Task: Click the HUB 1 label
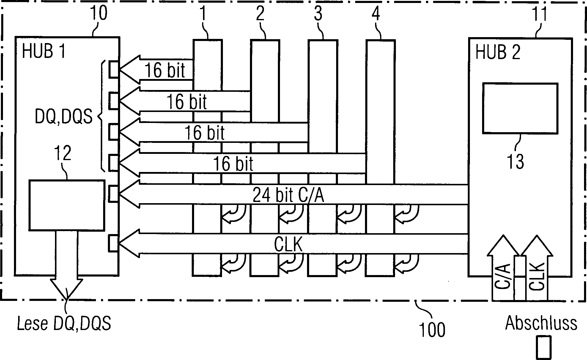click(x=43, y=51)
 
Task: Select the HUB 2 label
click(x=498, y=52)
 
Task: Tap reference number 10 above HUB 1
click(x=98, y=13)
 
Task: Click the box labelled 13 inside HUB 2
click(x=520, y=108)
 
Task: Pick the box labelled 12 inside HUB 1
click(x=67, y=205)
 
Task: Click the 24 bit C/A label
click(x=288, y=195)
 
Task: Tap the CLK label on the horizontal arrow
click(x=288, y=245)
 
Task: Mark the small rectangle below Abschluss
click(x=544, y=347)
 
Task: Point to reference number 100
click(x=432, y=330)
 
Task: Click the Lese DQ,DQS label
click(x=64, y=323)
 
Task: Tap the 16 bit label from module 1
click(x=165, y=70)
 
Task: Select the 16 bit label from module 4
click(x=233, y=164)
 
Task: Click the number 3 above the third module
click(x=318, y=14)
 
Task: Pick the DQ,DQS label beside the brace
click(x=64, y=117)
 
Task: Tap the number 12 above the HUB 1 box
click(x=63, y=153)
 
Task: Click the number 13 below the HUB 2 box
click(x=515, y=162)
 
